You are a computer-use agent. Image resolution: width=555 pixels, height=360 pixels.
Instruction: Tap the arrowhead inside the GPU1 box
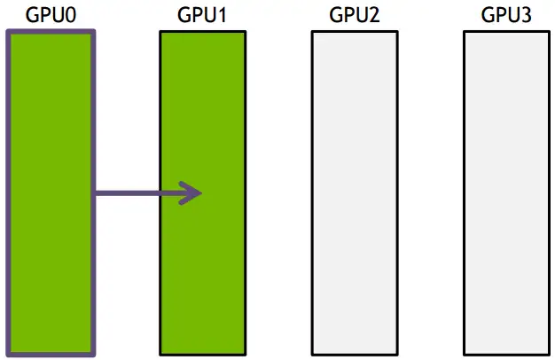click(192, 192)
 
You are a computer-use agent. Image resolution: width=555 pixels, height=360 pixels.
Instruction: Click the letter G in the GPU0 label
click(33, 14)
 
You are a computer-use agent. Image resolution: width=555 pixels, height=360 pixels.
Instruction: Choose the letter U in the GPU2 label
click(363, 14)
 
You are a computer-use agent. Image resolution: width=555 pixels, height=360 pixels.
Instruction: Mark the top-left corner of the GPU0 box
click(8, 33)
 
